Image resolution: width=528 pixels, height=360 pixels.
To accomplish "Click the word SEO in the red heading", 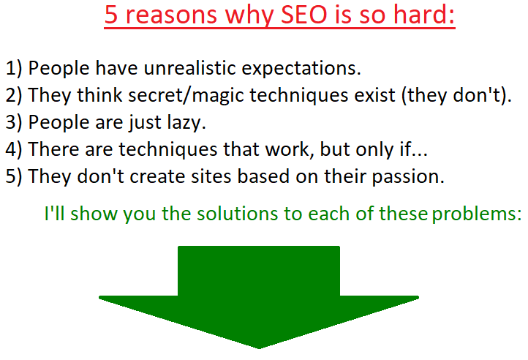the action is tap(303, 15).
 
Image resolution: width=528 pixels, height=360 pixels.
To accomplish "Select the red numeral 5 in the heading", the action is tap(111, 15).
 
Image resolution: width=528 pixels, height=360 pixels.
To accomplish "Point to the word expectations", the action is tap(301, 69).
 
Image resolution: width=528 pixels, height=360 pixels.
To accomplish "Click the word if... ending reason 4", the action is tap(413, 149).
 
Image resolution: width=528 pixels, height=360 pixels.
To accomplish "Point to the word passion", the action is tap(408, 177).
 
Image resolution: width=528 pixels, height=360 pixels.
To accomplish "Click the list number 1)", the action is tap(14, 69).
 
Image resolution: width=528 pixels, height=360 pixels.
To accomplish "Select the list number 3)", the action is tap(14, 122).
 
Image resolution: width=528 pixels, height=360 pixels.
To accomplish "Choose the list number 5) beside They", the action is tap(14, 176).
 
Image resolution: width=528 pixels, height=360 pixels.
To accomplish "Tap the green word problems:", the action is tap(477, 214).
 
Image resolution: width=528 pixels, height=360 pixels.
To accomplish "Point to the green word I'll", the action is tap(55, 213).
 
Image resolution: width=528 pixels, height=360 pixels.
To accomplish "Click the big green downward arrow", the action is tap(259, 297).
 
